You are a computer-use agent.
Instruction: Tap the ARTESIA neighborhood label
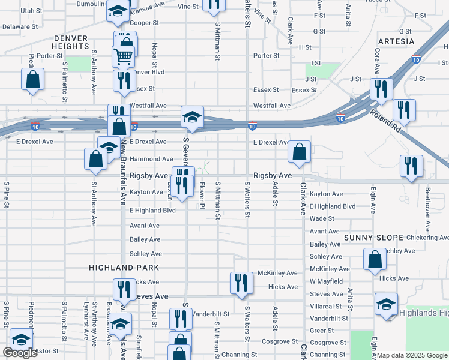click(396, 41)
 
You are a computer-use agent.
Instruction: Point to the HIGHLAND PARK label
click(124, 268)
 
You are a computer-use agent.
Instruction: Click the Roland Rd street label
click(385, 118)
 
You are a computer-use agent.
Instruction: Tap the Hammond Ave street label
click(151, 159)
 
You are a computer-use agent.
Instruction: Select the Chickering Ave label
click(427, 238)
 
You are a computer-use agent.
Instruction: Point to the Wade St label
click(322, 218)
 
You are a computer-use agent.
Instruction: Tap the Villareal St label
click(326, 306)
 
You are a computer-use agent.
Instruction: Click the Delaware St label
click(20, 27)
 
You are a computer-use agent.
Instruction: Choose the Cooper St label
click(144, 23)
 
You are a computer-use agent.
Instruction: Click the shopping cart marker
click(123, 57)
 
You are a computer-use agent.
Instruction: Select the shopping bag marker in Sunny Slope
click(375, 260)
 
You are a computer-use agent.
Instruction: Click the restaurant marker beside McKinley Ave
click(241, 283)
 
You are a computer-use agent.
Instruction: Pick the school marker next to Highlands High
click(386, 304)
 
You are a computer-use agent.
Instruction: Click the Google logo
click(20, 353)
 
